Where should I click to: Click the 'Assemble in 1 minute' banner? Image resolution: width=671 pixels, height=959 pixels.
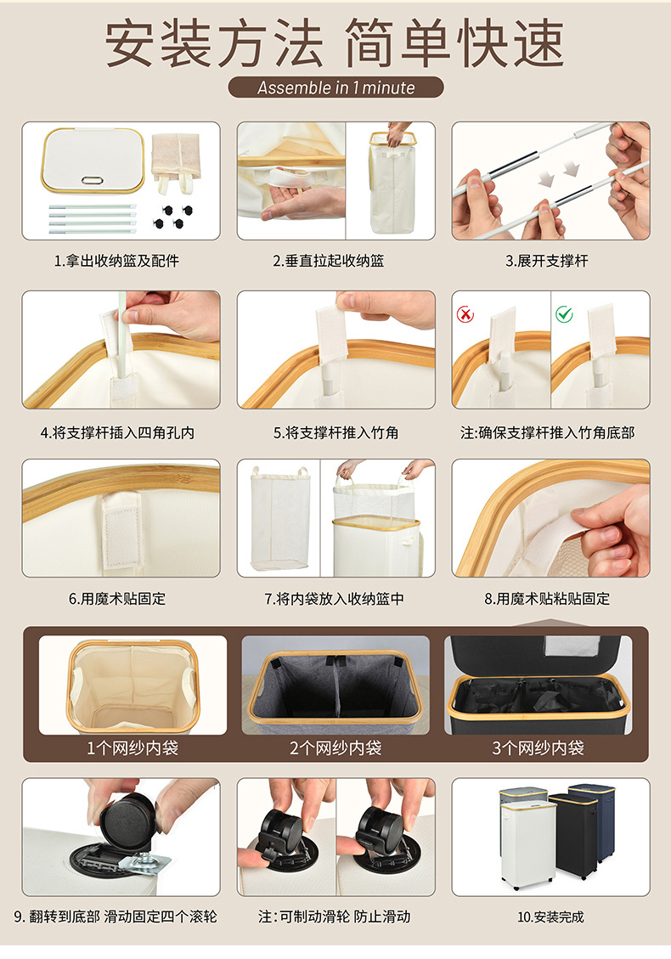335,87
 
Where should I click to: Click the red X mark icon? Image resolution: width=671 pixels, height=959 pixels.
465,314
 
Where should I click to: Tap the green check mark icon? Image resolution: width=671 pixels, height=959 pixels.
564,313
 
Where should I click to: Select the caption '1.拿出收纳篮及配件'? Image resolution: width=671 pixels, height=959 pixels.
116,261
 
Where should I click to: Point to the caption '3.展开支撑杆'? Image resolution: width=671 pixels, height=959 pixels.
547,261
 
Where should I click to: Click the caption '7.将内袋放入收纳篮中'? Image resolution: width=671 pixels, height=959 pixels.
335,599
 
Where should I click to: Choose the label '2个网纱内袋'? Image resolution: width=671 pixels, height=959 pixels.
335,747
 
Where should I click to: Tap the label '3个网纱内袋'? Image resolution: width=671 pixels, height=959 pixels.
538,747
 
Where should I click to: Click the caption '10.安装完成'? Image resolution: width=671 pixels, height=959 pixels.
550,917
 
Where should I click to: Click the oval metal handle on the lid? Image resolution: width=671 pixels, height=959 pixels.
92,180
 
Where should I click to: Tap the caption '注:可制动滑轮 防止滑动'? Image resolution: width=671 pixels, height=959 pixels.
334,917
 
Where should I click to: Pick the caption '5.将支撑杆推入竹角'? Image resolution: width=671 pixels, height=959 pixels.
335,433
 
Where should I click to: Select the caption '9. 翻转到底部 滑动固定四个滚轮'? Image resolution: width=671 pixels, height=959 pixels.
116,917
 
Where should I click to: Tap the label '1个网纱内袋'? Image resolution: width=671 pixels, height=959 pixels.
133,747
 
